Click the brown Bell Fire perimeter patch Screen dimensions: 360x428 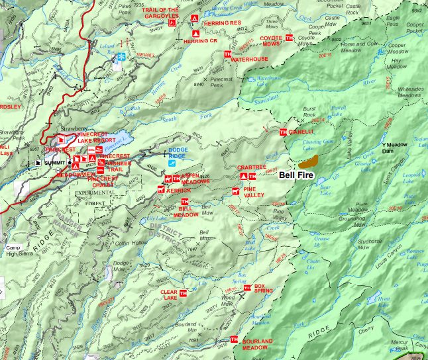point(308,160)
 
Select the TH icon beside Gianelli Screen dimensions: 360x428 point(284,132)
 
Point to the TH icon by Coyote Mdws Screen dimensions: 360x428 point(289,38)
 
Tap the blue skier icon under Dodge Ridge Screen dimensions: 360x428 point(172,161)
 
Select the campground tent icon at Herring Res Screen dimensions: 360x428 point(194,18)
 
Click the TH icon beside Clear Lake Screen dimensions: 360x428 point(184,292)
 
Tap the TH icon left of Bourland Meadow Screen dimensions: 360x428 point(226,343)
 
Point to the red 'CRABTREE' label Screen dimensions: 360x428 point(251,168)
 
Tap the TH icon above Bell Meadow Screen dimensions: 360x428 point(185,202)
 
